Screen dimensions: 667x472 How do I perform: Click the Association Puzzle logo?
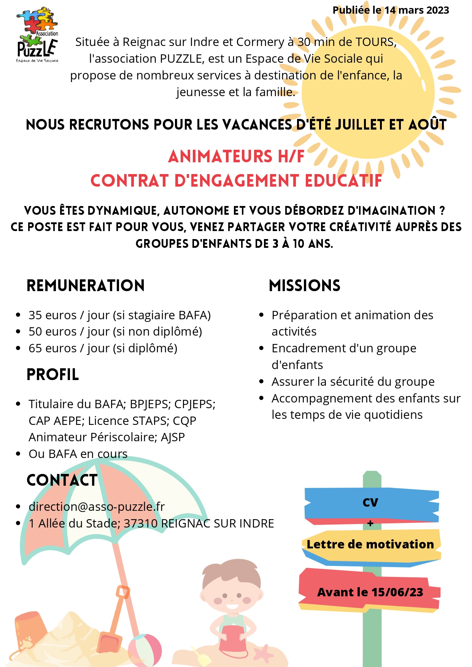click(x=37, y=35)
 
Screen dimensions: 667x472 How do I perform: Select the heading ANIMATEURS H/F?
click(x=236, y=156)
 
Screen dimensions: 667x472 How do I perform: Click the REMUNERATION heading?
click(x=86, y=285)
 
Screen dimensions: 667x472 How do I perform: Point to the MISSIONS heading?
click(x=304, y=285)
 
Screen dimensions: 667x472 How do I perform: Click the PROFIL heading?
click(x=53, y=375)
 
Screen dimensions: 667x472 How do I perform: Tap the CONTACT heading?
click(x=62, y=480)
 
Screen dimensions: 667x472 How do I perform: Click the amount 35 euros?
click(x=52, y=315)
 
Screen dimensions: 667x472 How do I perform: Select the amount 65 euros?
click(x=52, y=348)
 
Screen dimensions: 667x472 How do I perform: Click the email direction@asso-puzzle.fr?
click(x=97, y=507)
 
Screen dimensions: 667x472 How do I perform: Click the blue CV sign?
click(x=370, y=502)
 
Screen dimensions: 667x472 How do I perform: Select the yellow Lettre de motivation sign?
click(x=370, y=544)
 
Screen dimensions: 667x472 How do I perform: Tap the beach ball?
click(x=145, y=650)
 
